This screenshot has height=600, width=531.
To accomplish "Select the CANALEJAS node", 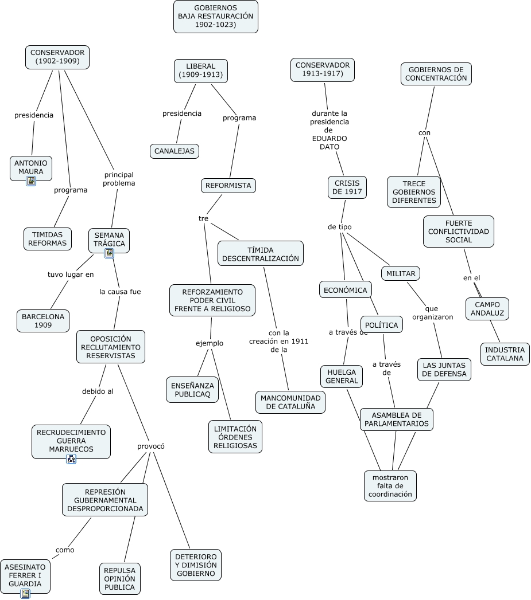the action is click(175, 151).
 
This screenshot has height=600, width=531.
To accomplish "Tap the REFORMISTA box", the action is click(228, 186).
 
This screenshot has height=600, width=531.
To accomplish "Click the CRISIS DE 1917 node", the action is click(347, 187).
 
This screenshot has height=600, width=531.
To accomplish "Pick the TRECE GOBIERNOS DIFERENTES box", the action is click(414, 192).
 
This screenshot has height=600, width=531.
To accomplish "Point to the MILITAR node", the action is click(401, 273).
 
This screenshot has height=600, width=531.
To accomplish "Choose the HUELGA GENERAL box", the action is click(342, 377).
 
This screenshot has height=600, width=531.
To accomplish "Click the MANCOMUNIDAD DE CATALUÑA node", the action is click(290, 402).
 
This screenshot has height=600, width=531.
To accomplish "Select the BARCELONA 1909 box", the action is click(43, 321).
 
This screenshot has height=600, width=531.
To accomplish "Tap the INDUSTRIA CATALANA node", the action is click(505, 354).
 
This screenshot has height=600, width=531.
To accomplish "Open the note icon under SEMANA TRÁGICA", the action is click(109, 253).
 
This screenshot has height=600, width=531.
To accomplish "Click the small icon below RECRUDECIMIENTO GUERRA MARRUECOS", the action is click(71, 459).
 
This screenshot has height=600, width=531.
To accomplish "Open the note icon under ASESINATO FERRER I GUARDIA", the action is click(25, 594).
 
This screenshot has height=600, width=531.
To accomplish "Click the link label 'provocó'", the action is click(150, 446).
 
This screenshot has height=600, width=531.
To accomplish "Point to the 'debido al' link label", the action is click(98, 391).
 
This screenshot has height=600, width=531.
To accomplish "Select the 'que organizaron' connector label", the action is click(432, 313).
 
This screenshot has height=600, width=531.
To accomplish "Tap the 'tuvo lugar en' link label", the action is click(71, 274).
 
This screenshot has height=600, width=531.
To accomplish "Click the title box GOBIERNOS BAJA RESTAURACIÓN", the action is click(216, 17).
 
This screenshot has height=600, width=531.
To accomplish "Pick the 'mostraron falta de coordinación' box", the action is click(390, 486).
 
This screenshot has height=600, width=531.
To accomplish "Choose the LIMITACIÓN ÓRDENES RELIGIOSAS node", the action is click(235, 437).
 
